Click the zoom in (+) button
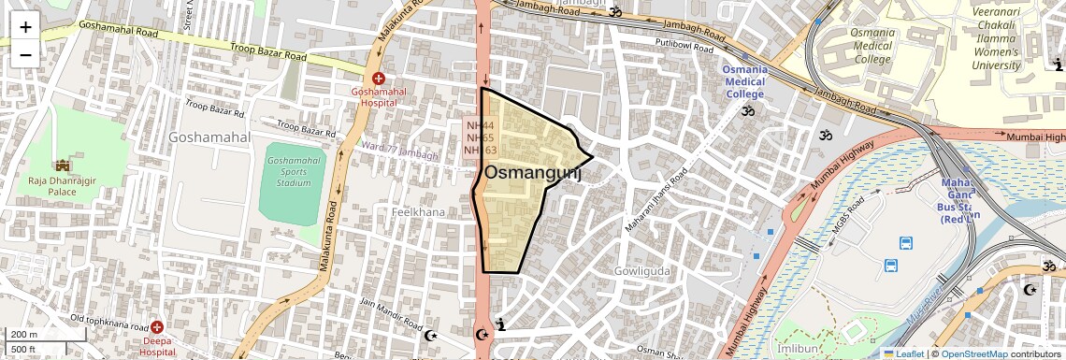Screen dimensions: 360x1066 [x=25, y=26]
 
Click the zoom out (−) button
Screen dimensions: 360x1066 [x=25, y=54]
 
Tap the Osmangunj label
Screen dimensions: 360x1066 [x=532, y=172]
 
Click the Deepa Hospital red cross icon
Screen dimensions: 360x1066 [x=157, y=327]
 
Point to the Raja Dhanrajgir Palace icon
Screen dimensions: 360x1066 [x=63, y=166]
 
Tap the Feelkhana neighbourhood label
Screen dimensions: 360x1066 [x=417, y=212]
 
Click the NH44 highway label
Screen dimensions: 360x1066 [x=480, y=124]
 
